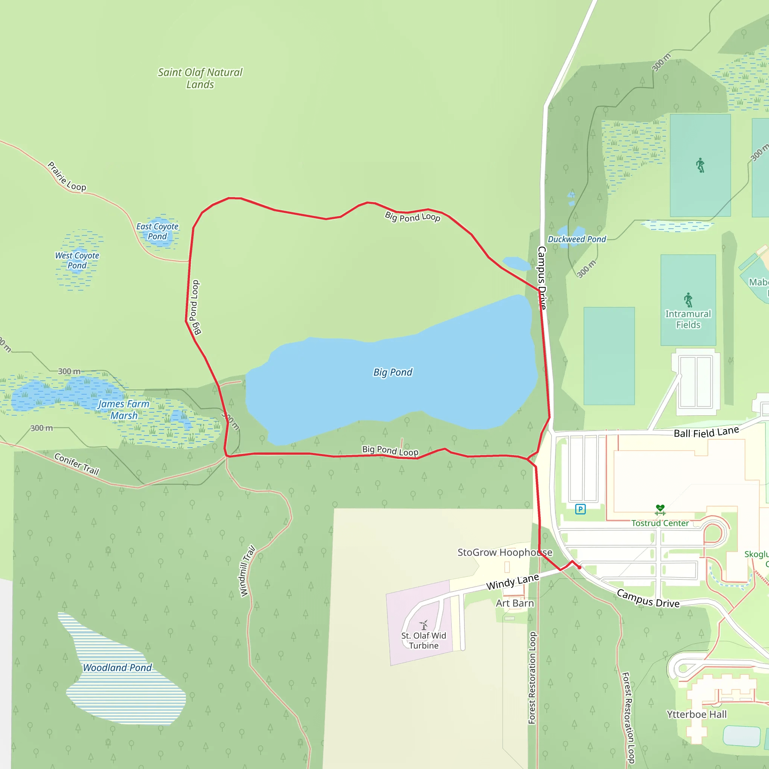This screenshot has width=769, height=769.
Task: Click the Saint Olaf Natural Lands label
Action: click(200, 78)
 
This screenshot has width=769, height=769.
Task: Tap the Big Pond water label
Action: click(392, 372)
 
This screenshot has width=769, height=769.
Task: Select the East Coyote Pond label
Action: click(157, 231)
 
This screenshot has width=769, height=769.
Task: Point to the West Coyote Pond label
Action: click(77, 260)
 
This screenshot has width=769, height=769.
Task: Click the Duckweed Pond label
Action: click(577, 239)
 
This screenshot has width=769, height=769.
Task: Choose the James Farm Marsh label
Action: click(124, 410)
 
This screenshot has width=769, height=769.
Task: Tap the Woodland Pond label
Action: click(118, 668)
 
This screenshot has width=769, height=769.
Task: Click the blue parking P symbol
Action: click(581, 509)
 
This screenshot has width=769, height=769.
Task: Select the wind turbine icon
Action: click(424, 624)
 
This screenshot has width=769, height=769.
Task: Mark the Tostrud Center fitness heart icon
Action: click(660, 510)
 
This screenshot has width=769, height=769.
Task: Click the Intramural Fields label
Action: click(688, 319)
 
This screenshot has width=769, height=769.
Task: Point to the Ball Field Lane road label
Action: click(706, 432)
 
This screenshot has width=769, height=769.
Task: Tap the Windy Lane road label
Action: click(513, 582)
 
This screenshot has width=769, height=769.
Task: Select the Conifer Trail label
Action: click(77, 464)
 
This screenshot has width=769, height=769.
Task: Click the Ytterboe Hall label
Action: click(697, 715)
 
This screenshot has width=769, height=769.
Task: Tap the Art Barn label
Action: click(515, 603)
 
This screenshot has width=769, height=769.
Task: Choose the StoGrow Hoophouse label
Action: click(505, 552)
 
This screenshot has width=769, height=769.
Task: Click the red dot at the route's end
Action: click(579, 567)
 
